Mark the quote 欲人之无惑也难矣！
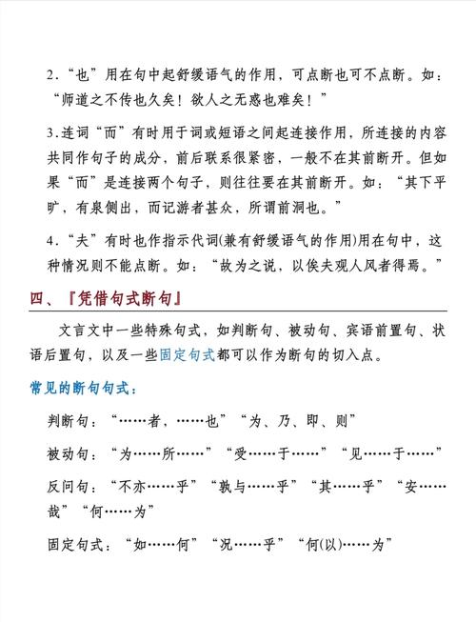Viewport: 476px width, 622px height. [269, 98]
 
